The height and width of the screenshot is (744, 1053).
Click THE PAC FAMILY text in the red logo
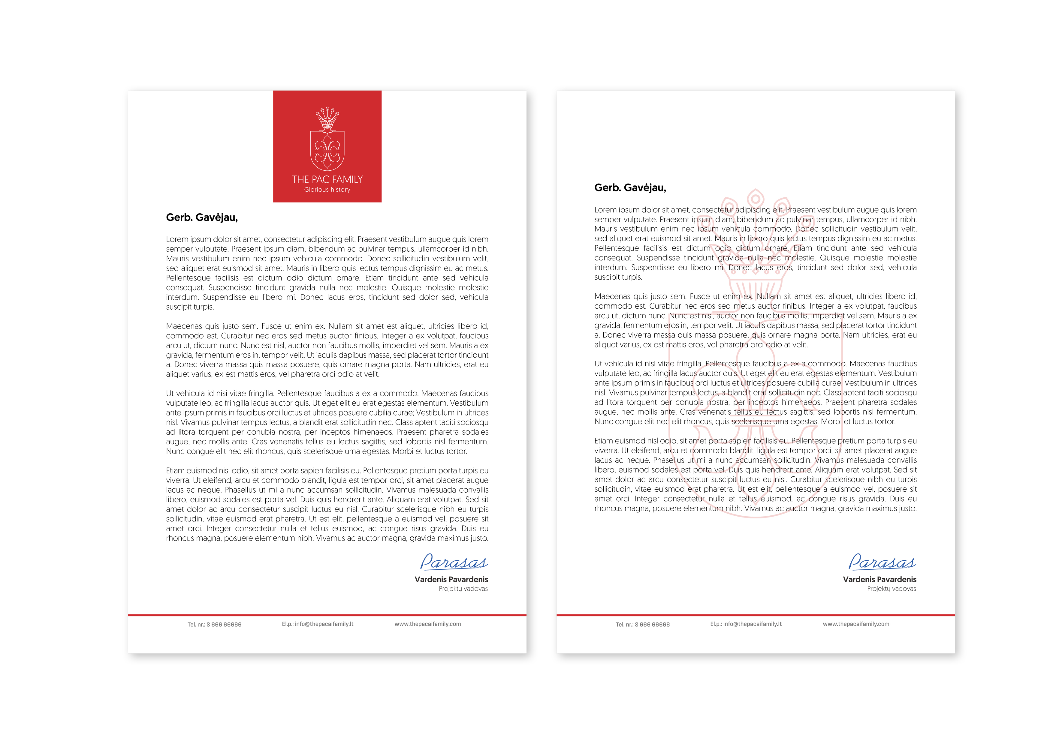click(327, 179)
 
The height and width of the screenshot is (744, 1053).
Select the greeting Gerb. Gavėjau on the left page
click(202, 217)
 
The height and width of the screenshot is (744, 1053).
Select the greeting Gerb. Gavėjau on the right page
click(630, 187)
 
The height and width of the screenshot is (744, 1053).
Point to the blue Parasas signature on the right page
click(882, 562)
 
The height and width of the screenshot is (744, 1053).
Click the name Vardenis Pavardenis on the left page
click(451, 579)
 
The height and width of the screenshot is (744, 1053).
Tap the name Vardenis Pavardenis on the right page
click(880, 579)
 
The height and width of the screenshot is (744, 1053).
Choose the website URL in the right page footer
click(856, 624)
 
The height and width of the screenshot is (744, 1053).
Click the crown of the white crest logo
click(327, 118)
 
